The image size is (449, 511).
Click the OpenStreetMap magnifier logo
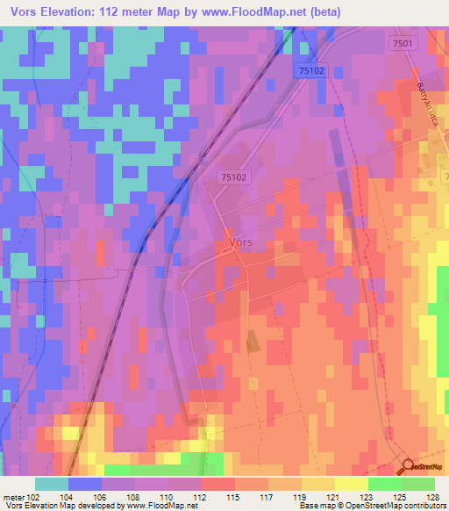[409, 467]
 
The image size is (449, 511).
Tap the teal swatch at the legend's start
[51, 484]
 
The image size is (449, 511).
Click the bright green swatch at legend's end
[417, 484]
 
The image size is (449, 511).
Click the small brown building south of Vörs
[253, 342]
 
